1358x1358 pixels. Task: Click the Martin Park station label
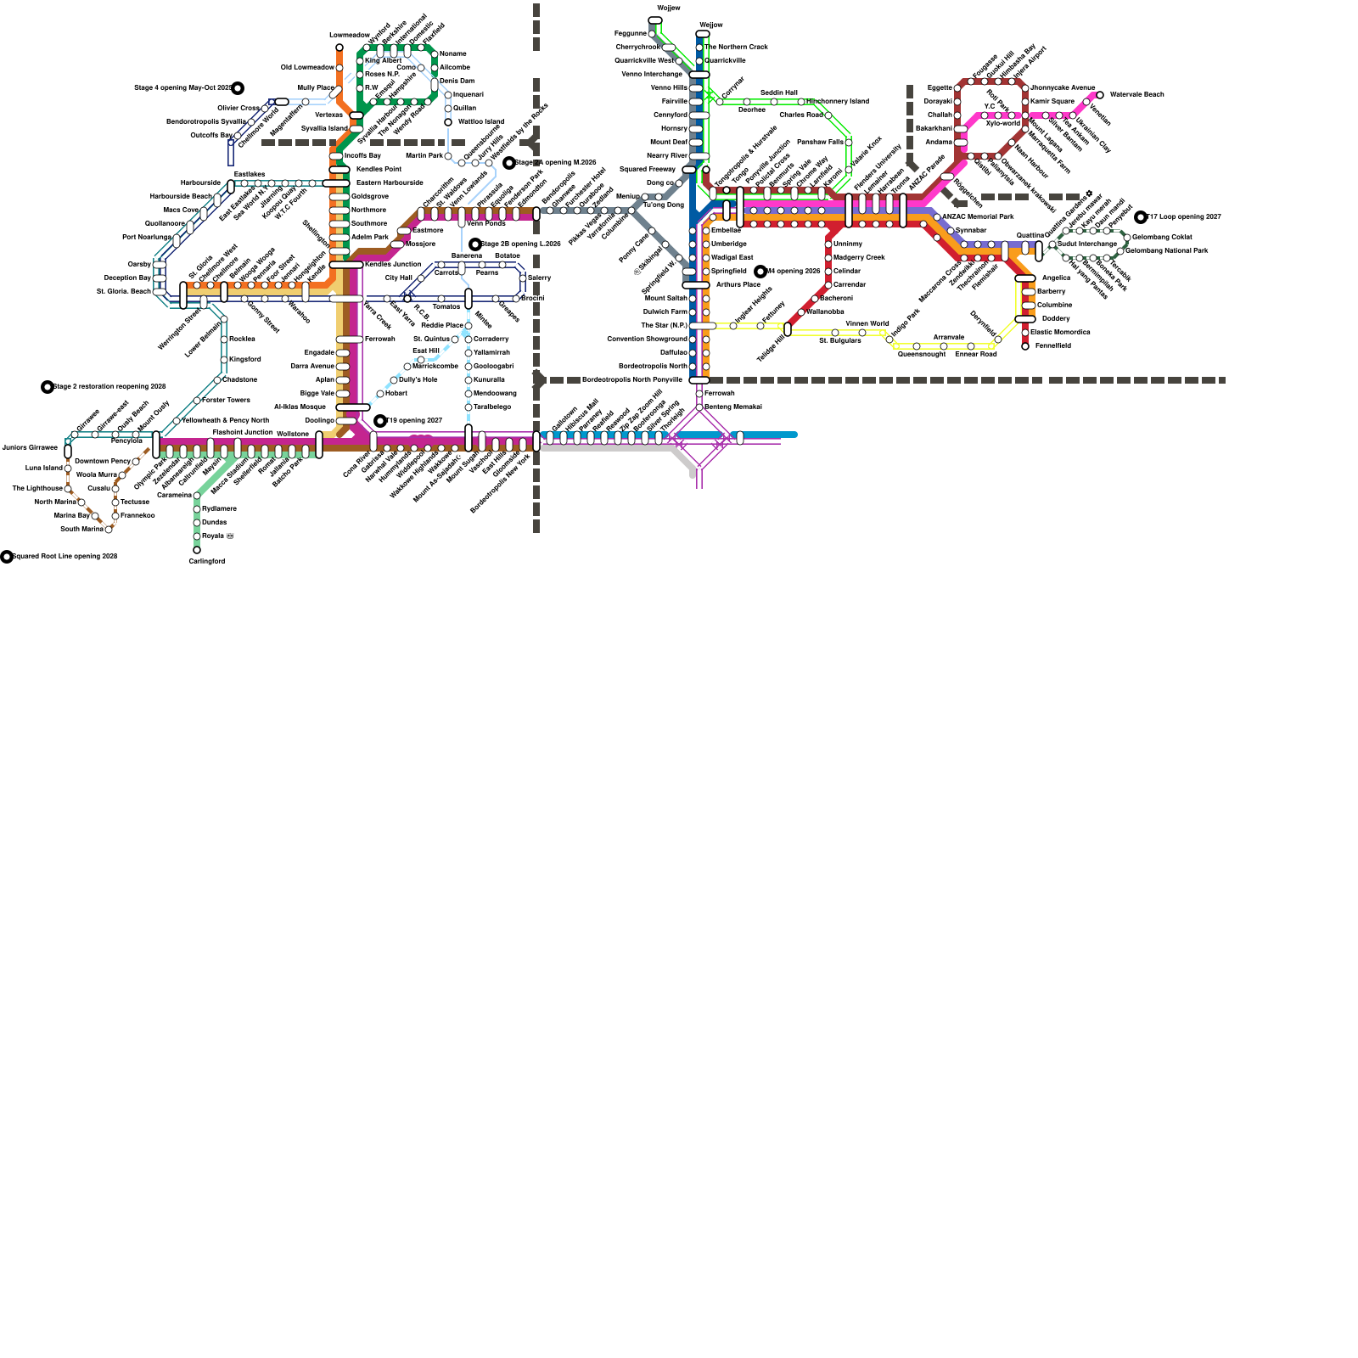tap(424, 155)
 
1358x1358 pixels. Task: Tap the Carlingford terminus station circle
tap(197, 550)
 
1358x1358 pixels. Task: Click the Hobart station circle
tap(380, 394)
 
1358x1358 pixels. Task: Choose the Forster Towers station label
tap(226, 400)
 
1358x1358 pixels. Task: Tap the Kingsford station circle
tap(224, 360)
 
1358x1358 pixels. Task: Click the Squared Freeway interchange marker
tap(689, 169)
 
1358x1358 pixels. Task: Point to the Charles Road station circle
tap(828, 115)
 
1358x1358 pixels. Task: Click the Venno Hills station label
tap(669, 87)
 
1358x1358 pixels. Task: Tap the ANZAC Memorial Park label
tap(977, 216)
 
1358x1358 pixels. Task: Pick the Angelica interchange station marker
tap(1025, 278)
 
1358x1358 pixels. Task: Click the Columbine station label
tap(1054, 305)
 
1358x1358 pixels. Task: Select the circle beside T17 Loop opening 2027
tap(1141, 217)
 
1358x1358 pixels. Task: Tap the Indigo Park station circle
tap(889, 339)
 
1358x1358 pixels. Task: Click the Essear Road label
tap(975, 354)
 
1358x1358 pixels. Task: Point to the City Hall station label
tap(398, 278)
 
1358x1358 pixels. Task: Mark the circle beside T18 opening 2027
tap(380, 421)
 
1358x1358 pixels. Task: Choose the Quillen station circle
tap(448, 109)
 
